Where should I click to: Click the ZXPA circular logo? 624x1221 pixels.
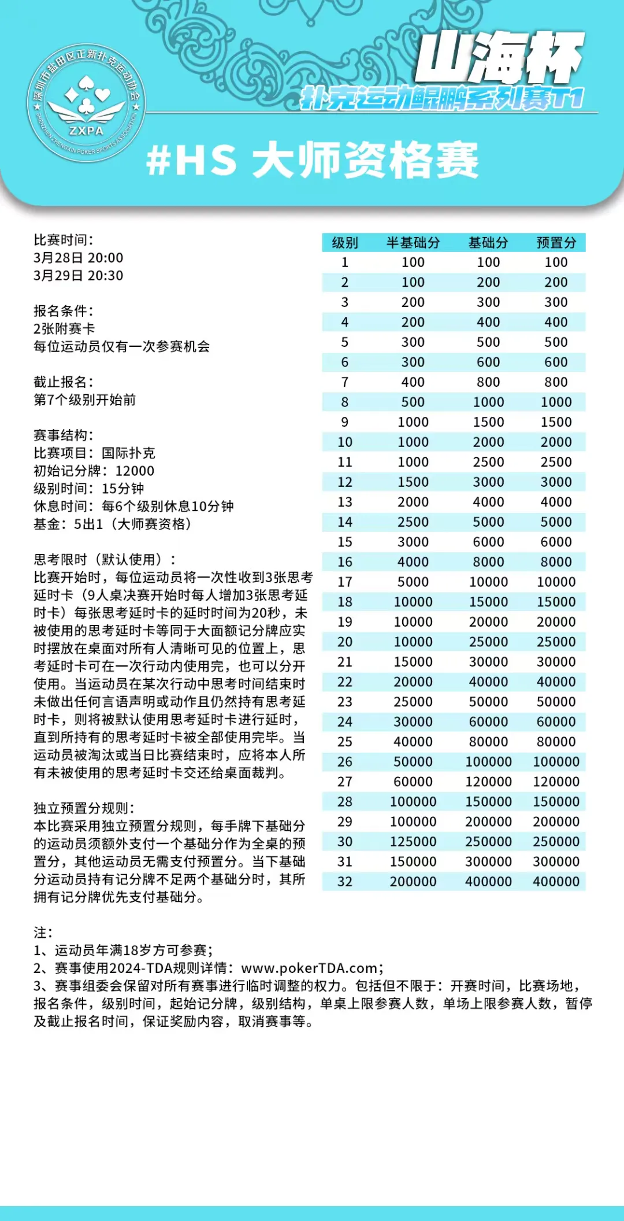click(x=87, y=103)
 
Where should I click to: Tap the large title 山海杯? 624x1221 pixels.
click(x=499, y=58)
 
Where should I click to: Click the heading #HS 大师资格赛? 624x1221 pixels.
click(x=312, y=160)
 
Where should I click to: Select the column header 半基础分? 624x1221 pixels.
click(x=413, y=243)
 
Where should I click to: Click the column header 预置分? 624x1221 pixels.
click(x=556, y=243)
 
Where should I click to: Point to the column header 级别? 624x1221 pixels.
click(x=345, y=243)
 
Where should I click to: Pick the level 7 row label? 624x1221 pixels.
click(x=345, y=382)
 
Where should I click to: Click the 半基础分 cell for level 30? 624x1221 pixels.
click(x=413, y=842)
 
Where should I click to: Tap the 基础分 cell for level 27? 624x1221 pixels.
click(x=488, y=782)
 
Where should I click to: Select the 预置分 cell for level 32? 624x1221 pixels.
click(x=556, y=882)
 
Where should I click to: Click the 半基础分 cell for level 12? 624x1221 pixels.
click(x=413, y=482)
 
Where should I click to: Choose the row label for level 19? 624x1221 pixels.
click(x=345, y=622)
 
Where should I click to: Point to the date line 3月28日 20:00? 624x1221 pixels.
click(x=79, y=258)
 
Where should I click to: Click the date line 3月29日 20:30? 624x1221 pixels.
click(x=79, y=276)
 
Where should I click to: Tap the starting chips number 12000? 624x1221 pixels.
click(x=135, y=471)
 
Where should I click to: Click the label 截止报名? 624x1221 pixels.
click(x=64, y=382)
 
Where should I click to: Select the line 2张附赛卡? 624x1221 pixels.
click(x=64, y=329)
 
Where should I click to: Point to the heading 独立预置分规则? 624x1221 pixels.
click(x=84, y=808)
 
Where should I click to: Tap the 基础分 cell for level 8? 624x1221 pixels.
click(x=488, y=402)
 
